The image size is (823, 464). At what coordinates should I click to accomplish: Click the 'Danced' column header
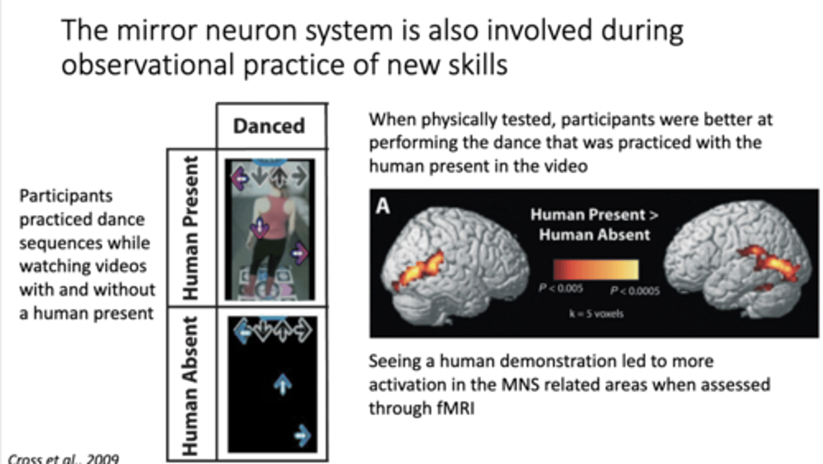tap(269, 126)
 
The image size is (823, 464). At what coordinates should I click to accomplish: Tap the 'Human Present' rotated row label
tap(191, 227)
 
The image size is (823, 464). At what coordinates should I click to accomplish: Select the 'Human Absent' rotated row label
tap(191, 386)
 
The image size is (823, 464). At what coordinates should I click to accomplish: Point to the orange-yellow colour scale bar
tap(595, 269)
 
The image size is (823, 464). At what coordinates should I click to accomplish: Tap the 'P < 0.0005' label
tap(634, 290)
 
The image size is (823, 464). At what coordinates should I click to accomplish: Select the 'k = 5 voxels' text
tap(596, 314)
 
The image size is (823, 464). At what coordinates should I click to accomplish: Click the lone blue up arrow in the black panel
tap(283, 384)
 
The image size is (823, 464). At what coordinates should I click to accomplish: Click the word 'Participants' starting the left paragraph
tap(66, 196)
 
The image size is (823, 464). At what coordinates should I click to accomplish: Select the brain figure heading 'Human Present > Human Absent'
tap(594, 224)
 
